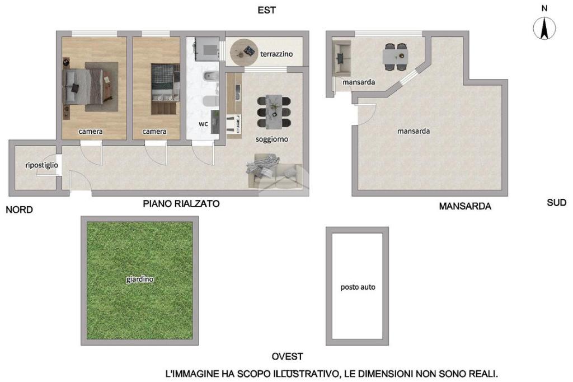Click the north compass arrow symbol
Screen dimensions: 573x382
point(544,28)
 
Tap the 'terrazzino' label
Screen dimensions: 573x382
point(276,54)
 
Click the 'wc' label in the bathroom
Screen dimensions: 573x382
point(203,124)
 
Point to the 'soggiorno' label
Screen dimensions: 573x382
point(271,139)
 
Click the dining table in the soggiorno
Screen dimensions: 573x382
point(274,112)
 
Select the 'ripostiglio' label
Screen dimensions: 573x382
point(41,165)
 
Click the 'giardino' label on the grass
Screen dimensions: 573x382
point(139,279)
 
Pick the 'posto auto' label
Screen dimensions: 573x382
point(358,287)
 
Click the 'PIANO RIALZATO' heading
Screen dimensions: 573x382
point(181,203)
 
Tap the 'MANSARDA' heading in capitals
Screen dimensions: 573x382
point(465,206)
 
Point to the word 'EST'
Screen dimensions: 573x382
point(267,10)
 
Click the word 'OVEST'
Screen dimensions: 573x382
point(287,356)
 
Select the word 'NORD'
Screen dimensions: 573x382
point(20,209)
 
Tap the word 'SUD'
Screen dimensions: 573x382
point(557,203)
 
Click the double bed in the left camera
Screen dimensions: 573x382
point(83,87)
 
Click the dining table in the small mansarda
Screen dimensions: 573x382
point(396,57)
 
